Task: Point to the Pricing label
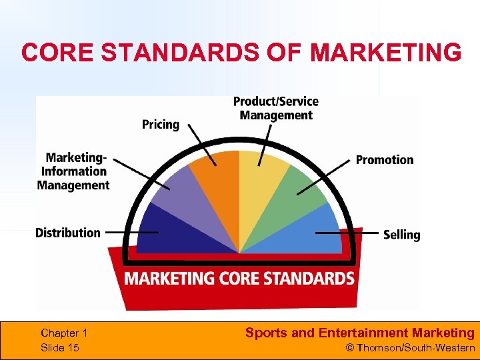tap(161, 125)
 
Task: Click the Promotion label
tap(384, 160)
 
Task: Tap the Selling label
tap(401, 235)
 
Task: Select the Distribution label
tap(68, 233)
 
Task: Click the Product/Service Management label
tap(276, 108)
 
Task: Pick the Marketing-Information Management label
tap(73, 171)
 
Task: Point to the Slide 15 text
tap(60, 348)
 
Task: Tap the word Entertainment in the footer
tap(364, 333)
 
